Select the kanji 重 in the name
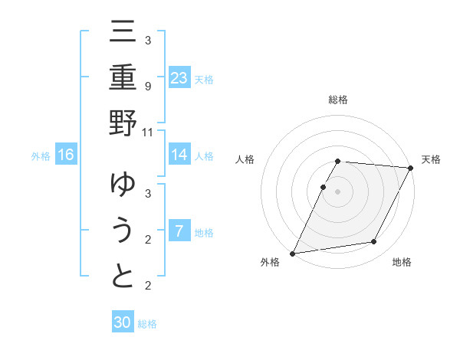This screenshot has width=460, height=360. coord(123,79)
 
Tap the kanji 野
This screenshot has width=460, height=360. coord(123,123)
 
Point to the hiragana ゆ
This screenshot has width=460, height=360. coord(123,186)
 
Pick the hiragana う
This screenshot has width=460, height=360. coord(123,231)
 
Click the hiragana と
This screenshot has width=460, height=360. coord(123,276)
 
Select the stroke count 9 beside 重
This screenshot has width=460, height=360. coord(148,86)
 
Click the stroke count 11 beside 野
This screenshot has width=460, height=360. coord(148,131)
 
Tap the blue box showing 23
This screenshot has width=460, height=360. coord(179,77)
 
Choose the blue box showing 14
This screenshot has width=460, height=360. coord(179,155)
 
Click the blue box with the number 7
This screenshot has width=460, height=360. coord(179,231)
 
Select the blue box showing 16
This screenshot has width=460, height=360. coord(66,155)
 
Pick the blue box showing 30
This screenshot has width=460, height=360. coord(123,322)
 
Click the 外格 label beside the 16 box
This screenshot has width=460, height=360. coord(41,156)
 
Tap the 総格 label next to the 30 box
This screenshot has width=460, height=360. coord(147,324)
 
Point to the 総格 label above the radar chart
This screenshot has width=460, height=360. coord(338,100)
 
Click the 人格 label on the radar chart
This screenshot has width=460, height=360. coord(245,159)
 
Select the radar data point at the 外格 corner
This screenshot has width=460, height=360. coord(292,254)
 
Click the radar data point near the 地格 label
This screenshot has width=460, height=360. coord(374,242)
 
